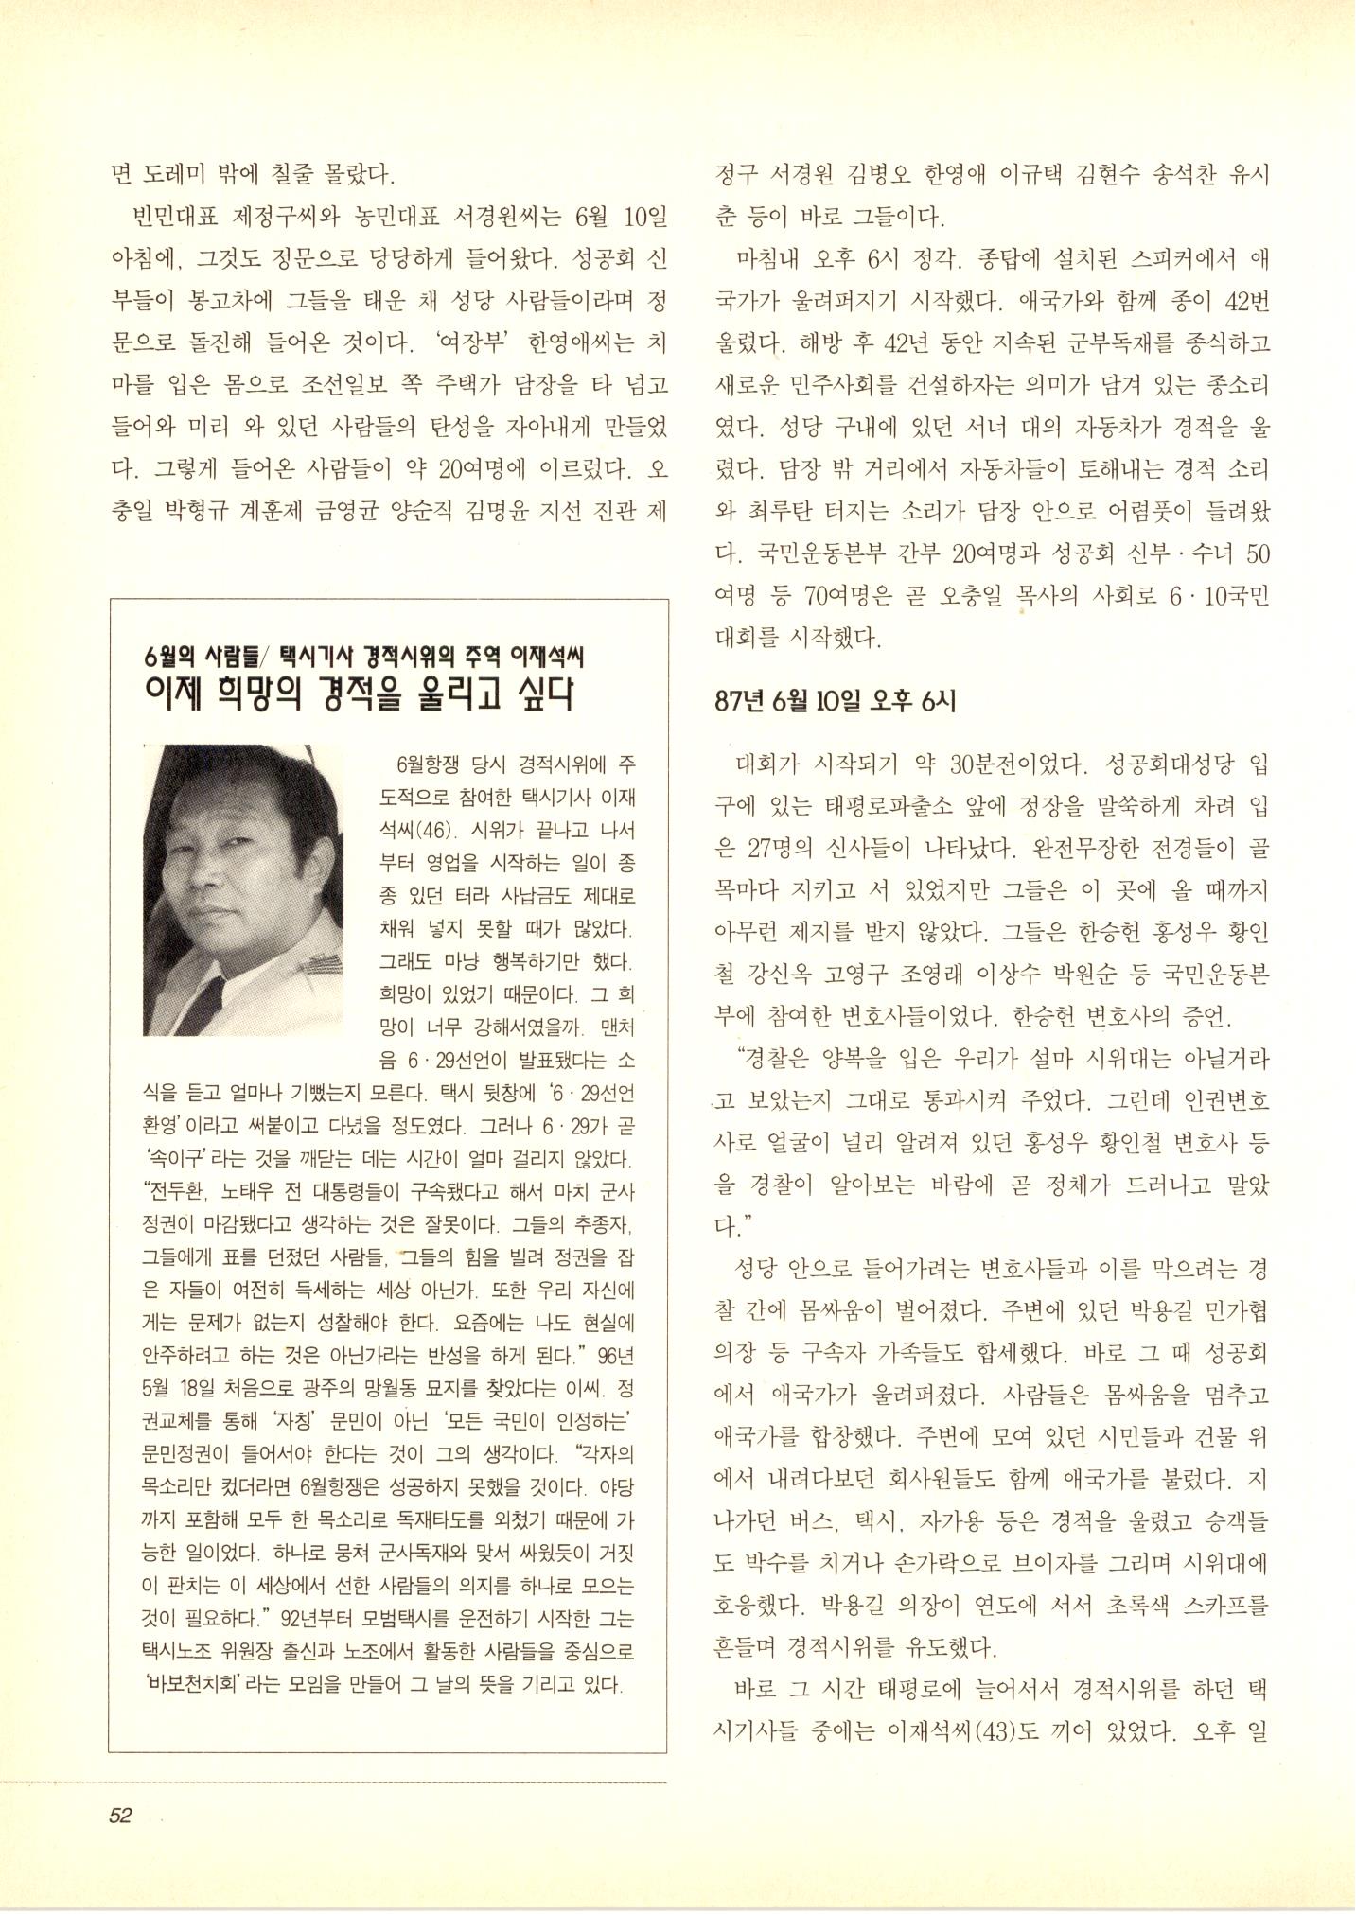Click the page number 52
[119, 1815]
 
